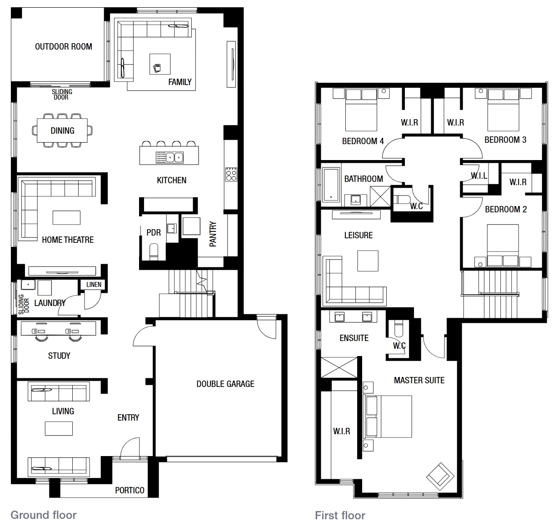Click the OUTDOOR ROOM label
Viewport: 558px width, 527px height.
(64, 46)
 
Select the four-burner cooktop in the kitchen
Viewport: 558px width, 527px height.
(231, 174)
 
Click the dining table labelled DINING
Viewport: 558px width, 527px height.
(62, 130)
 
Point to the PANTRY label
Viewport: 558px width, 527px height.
(213, 234)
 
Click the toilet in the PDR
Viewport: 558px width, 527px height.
(154, 252)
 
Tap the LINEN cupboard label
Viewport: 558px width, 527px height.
(94, 285)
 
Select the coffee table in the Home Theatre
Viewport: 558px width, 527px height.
(67, 218)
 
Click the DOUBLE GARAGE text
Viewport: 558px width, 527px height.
(225, 384)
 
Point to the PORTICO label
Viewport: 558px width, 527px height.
(130, 490)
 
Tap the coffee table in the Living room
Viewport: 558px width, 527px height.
(59, 428)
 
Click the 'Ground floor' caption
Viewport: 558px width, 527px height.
(44, 515)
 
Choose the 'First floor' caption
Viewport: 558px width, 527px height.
(340, 516)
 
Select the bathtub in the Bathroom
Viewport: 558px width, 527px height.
(331, 185)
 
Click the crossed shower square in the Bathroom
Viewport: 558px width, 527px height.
(380, 196)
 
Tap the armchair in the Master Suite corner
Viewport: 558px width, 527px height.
(440, 477)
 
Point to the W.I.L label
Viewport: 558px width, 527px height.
(479, 176)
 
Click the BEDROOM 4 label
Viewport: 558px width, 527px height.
(363, 141)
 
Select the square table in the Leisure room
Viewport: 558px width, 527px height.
(368, 261)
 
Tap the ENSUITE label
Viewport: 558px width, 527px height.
(354, 338)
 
